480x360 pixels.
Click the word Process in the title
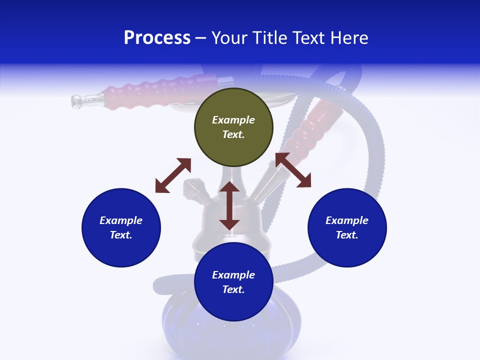pos(157,38)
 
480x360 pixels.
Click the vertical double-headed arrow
pos(229,205)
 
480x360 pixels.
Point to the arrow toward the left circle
pos(173,175)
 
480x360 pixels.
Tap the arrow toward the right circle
pos(293,170)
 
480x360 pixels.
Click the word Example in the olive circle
pos(233,120)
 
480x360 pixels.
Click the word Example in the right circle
pos(347,220)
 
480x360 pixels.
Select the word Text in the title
pos(308,38)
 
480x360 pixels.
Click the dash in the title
pos(201,38)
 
